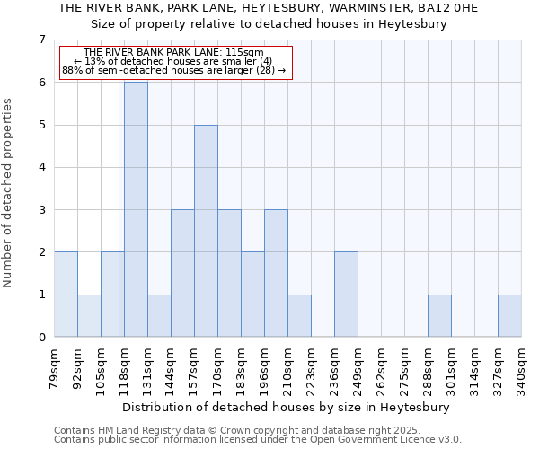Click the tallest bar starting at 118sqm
(136, 209)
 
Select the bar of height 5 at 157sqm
(206, 231)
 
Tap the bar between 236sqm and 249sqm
(346, 295)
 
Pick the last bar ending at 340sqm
(509, 316)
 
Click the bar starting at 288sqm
(439, 316)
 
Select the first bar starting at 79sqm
(66, 295)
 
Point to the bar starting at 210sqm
(299, 316)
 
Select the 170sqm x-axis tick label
(218, 367)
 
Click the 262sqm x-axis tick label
(382, 367)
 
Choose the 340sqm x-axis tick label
(522, 367)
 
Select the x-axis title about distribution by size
(287, 407)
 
